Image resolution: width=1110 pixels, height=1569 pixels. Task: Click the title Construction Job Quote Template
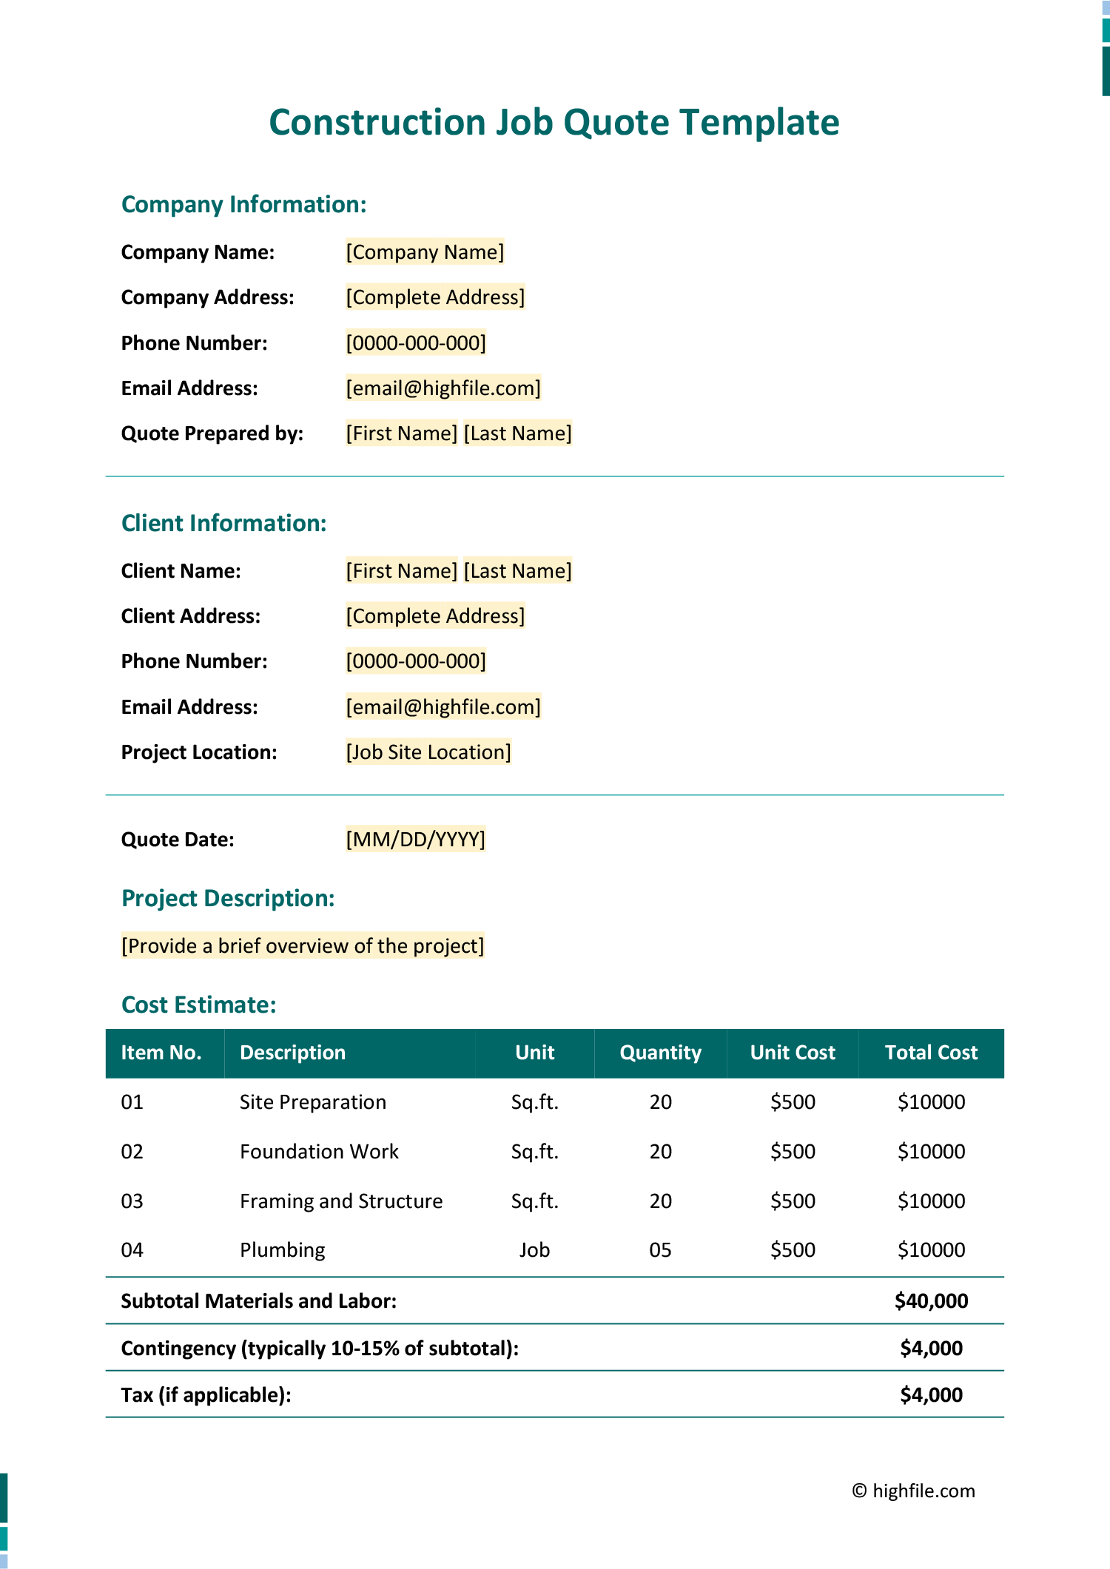point(554,122)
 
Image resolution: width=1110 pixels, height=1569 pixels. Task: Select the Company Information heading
point(243,204)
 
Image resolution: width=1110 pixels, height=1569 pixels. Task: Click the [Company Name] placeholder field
point(425,252)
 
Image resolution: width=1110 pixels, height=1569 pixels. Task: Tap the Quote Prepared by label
point(212,433)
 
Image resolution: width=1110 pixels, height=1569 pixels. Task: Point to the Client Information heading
point(223,523)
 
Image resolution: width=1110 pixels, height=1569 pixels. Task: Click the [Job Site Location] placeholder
point(428,752)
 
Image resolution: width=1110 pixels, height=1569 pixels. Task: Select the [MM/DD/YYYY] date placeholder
point(415,840)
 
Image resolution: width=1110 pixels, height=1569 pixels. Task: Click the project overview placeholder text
point(303,946)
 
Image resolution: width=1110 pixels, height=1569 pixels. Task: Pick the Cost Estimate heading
point(198,1005)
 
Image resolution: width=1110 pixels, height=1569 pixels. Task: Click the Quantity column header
point(660,1053)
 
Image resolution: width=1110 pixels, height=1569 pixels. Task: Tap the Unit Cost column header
point(793,1053)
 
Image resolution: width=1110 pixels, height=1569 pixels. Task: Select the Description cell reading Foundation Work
point(319,1152)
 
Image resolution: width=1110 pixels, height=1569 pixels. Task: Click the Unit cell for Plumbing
point(534,1250)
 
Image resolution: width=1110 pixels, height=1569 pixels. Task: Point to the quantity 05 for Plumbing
point(660,1250)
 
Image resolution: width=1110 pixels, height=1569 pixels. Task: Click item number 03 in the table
point(132,1201)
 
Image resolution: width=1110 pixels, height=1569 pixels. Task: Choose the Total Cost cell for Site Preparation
point(931,1102)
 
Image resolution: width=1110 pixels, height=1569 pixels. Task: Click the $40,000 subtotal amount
point(931,1300)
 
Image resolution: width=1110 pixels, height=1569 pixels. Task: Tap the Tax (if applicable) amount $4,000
point(931,1395)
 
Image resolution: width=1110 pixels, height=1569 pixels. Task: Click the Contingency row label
point(320,1349)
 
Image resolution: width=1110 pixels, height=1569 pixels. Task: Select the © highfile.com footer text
point(913,1491)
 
